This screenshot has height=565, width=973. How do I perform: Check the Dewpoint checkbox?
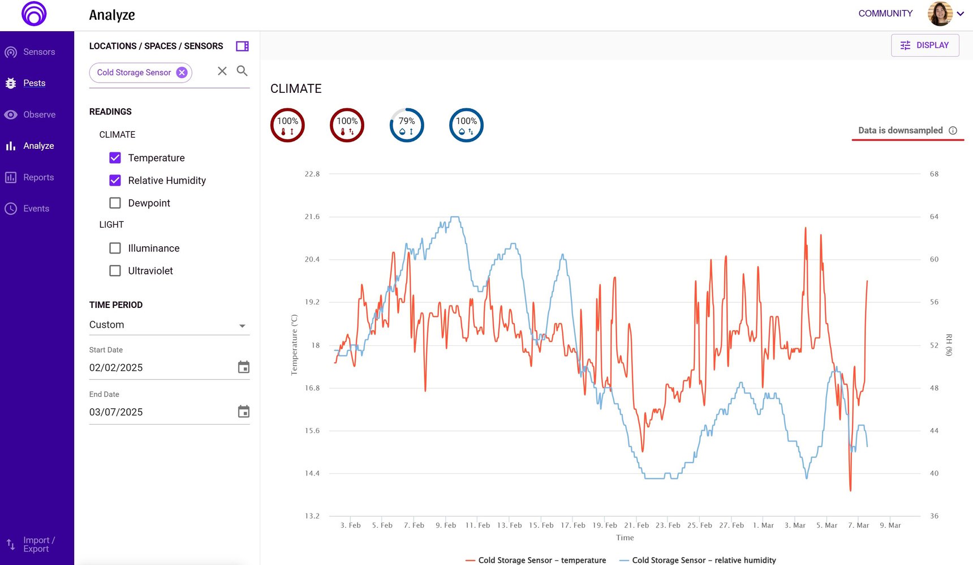point(115,203)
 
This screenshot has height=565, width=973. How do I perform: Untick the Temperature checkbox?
point(115,157)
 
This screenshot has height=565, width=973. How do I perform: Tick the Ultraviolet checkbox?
point(115,271)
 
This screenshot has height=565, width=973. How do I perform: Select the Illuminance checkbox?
point(115,248)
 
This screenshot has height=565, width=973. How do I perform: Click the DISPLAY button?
point(925,45)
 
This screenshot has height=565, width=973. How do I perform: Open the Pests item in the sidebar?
point(34,83)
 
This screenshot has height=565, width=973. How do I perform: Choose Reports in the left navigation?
point(38,177)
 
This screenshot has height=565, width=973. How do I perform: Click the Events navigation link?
point(36,208)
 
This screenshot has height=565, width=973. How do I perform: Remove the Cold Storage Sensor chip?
point(182,72)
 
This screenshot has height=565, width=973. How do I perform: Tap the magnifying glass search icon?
point(242,71)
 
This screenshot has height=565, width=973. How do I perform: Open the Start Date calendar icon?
point(244,367)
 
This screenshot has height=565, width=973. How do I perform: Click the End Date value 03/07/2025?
point(116,412)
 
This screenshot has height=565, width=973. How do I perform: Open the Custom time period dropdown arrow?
point(242,326)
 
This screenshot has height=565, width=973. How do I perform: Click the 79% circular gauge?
point(407,125)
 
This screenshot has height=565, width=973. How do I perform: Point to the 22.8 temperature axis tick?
point(312,174)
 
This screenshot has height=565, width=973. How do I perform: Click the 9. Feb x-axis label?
point(446,525)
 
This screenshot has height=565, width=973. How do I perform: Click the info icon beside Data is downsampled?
point(953,130)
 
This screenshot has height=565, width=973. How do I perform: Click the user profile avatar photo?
point(940,14)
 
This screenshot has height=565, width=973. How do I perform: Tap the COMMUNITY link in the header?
point(885,14)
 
